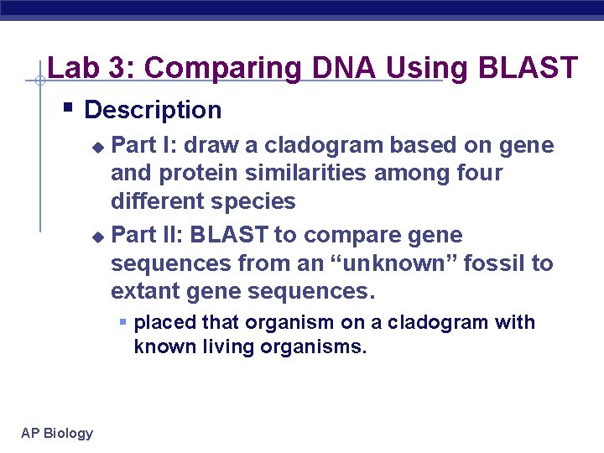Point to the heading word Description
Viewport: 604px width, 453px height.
pyautogui.click(x=153, y=110)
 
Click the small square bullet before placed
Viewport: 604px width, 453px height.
pyautogui.click(x=123, y=322)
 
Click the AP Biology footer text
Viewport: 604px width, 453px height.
pyautogui.click(x=57, y=433)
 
